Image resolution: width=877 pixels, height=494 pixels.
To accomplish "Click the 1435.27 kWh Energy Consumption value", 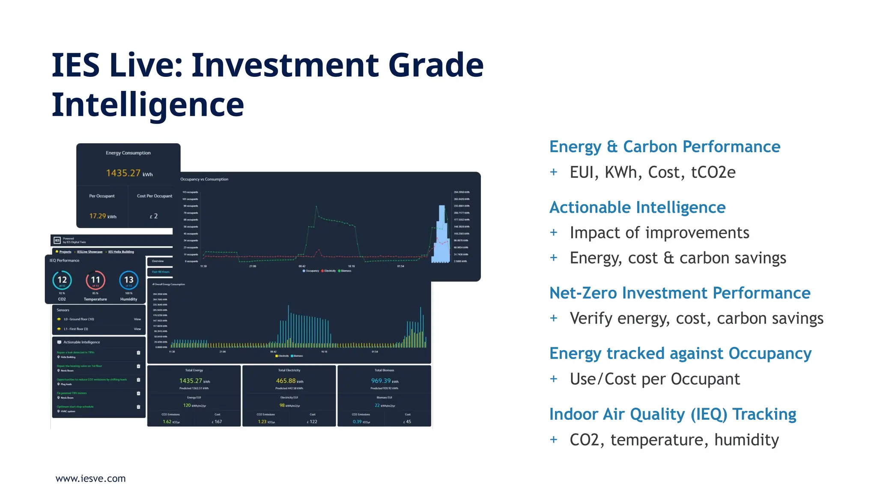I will coord(129,173).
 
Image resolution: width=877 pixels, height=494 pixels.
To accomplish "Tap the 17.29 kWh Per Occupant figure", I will coord(102,216).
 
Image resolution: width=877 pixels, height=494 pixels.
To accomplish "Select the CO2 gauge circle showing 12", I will coord(62,280).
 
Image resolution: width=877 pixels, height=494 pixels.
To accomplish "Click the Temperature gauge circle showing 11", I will coord(95,280).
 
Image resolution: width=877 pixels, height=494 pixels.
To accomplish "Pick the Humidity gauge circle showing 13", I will coord(128,280).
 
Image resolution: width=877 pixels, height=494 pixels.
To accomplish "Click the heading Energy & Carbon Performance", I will coord(665,147).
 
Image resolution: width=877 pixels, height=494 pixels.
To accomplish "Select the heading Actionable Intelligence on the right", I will coord(637,208).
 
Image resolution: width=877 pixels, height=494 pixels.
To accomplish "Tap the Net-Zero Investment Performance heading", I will coord(680,293).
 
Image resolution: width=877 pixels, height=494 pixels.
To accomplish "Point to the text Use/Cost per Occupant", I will coord(654,379).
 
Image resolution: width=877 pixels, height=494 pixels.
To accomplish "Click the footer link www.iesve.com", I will coord(90,479).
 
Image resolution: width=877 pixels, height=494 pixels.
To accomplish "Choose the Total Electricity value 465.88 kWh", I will coord(289,381).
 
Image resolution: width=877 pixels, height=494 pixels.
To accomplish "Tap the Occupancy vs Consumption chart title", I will coord(204,179).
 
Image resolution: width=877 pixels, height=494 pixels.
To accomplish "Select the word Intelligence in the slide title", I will coord(148,105).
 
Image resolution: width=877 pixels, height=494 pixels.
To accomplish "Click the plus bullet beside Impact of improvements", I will coord(554,232).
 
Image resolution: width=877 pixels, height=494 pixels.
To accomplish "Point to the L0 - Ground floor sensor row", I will coord(79,319).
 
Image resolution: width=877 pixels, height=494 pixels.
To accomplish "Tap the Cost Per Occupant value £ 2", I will coord(154,216).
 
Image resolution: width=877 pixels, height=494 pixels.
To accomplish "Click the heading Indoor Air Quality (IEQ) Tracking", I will coord(672,414).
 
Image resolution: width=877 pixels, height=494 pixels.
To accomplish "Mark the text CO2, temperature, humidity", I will coord(674,440).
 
